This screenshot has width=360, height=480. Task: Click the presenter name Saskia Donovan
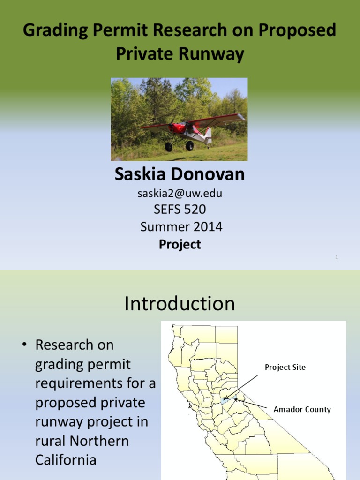180,174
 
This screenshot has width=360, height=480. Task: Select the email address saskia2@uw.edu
180,193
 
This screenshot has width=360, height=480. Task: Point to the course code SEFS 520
180,210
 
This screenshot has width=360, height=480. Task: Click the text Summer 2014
181,227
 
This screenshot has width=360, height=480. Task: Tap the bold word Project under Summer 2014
180,244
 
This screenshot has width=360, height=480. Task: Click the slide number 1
337,257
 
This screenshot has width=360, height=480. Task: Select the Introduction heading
180,304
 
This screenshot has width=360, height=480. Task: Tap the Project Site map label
285,367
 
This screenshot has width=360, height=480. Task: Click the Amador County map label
302,409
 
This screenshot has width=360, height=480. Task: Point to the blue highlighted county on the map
226,400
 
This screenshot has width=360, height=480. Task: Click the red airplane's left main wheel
168,147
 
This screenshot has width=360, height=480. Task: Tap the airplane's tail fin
208,135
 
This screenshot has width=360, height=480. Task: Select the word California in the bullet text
66,460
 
